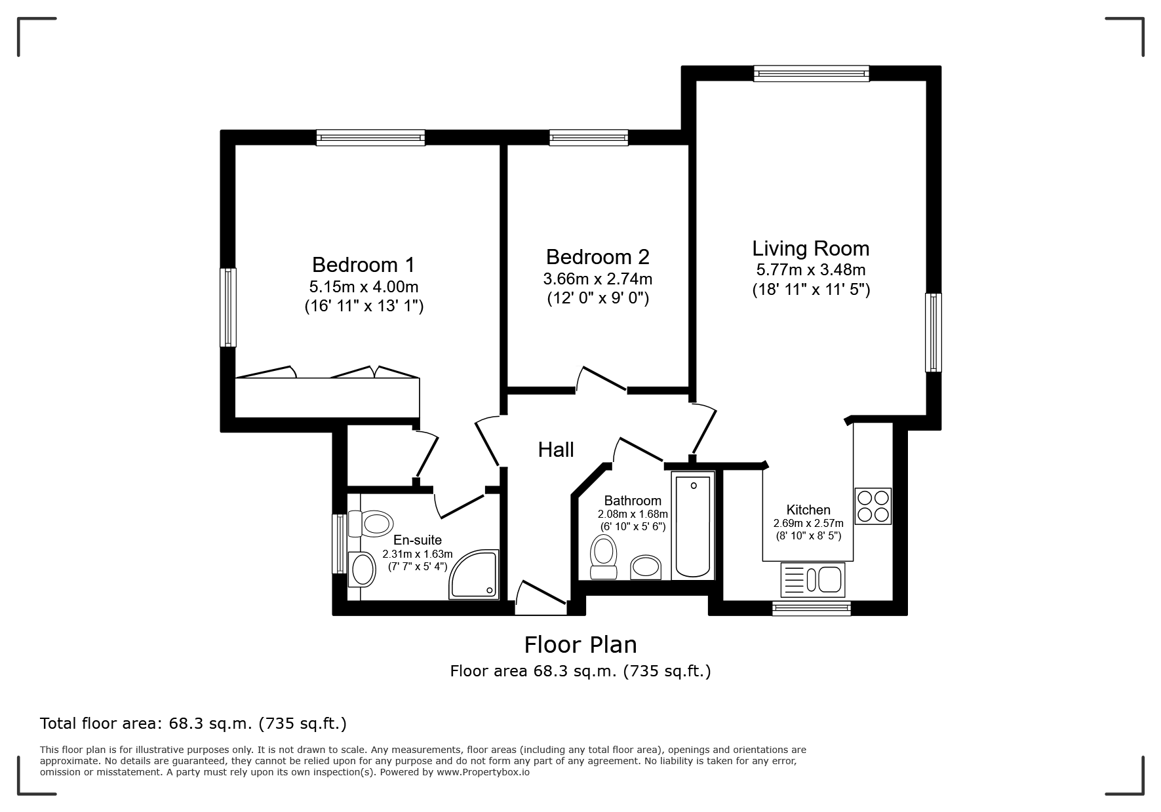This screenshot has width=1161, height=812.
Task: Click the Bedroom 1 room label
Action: [x=363, y=265]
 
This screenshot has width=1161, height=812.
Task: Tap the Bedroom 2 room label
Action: [x=597, y=256]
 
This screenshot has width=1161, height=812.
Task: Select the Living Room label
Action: [x=811, y=248]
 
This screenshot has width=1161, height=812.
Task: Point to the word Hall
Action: [x=556, y=450]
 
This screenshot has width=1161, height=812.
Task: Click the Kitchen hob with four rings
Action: [x=873, y=506]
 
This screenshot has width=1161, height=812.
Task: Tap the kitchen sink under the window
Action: [x=812, y=580]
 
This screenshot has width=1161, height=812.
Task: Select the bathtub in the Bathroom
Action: [x=693, y=526]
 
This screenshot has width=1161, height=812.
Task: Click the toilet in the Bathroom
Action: [x=604, y=557]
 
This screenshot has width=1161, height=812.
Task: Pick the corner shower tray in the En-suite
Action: [x=474, y=574]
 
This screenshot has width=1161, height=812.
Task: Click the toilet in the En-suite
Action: [x=371, y=524]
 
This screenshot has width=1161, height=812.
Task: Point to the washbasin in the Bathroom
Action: [x=646, y=568]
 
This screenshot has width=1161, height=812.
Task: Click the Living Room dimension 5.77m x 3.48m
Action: [x=811, y=269]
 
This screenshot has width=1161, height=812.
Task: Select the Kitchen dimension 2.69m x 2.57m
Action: [x=808, y=523]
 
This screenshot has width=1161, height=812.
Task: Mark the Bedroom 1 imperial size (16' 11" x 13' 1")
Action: [x=364, y=305]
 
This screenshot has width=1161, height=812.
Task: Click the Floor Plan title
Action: [x=580, y=645]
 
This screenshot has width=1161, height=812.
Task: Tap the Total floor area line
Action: [x=193, y=724]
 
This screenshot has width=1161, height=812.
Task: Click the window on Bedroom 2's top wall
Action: [x=589, y=137]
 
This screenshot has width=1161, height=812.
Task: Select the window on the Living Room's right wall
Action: [x=933, y=332]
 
